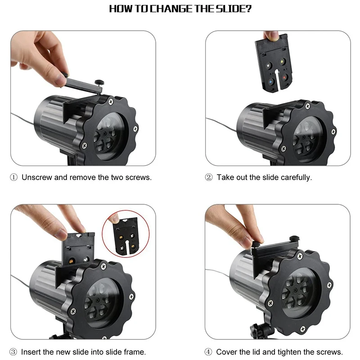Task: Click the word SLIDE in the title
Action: [234, 9]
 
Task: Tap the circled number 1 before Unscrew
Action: [14, 177]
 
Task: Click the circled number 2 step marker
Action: [209, 177]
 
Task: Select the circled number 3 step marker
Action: [13, 352]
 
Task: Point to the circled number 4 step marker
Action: [208, 352]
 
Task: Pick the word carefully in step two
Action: [296, 177]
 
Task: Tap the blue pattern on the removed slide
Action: [271, 81]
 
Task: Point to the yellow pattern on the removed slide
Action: [282, 62]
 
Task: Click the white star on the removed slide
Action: [268, 66]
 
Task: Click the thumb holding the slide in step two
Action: [271, 36]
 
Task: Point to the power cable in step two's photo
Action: [221, 124]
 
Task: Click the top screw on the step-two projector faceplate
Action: [308, 106]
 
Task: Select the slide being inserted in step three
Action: [78, 249]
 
